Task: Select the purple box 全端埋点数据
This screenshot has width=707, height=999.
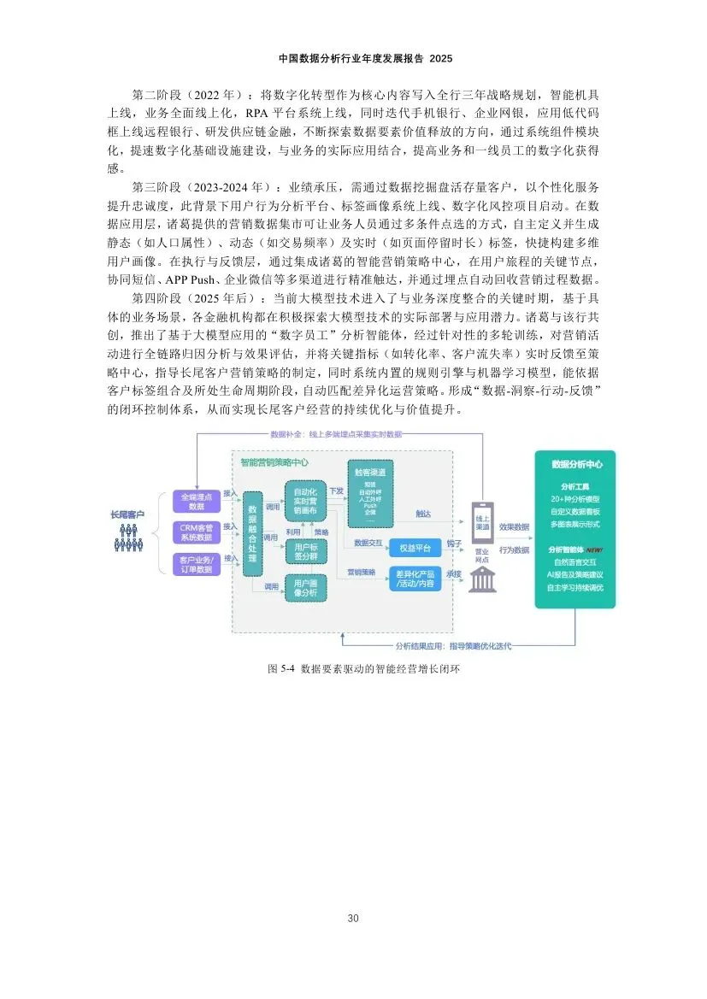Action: [196, 501]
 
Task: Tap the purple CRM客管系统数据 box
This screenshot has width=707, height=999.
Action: [196, 532]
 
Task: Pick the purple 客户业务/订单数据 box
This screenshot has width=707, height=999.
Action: [196, 563]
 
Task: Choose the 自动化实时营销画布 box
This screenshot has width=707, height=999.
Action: [306, 501]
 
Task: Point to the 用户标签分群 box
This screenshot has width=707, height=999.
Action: [306, 551]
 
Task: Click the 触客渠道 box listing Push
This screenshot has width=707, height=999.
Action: [370, 493]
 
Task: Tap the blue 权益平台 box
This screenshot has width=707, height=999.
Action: [415, 547]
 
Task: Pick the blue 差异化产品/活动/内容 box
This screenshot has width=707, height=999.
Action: [415, 579]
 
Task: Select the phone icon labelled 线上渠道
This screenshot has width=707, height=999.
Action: [481, 520]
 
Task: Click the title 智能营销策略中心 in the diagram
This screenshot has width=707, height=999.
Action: [275, 462]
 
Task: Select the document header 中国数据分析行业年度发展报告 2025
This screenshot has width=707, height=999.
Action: [353, 59]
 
